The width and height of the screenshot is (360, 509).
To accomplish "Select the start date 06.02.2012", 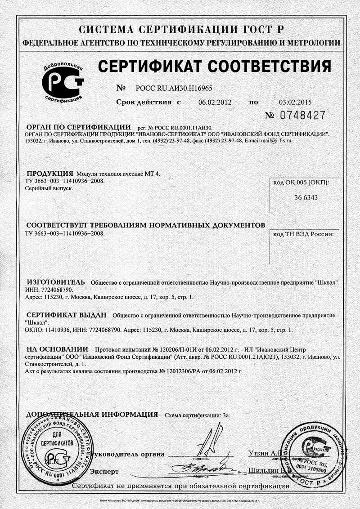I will pyautogui.click(x=215, y=103).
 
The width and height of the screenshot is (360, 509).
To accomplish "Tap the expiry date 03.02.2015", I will pyautogui.click(x=295, y=103).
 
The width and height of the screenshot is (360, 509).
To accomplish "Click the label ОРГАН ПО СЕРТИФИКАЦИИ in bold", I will pyautogui.click(x=78, y=127).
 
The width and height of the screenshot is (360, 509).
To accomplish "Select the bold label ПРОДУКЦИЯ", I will pyautogui.click(x=49, y=174).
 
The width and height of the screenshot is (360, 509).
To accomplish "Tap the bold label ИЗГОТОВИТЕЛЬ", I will pyautogui.click(x=55, y=282).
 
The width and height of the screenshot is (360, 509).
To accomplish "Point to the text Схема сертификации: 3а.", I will pyautogui.click(x=198, y=415).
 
